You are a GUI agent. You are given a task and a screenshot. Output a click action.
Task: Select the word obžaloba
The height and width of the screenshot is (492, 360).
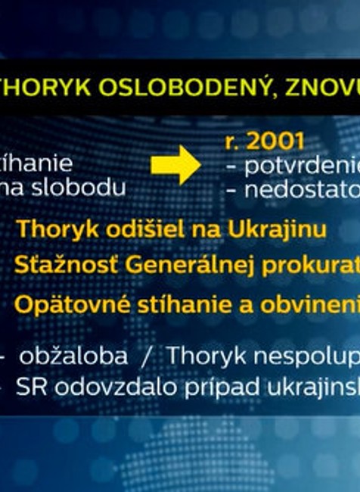[x=74, y=355]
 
